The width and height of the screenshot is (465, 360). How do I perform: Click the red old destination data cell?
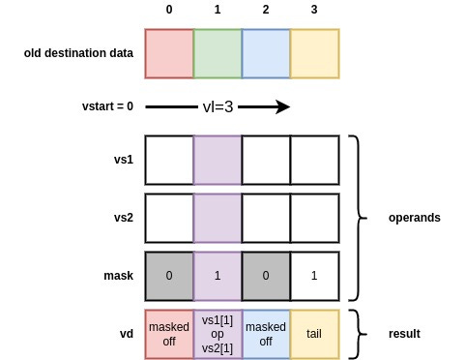(169, 52)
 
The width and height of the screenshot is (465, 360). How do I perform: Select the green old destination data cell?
(218, 52)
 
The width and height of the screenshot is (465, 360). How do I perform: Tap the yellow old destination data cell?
(314, 52)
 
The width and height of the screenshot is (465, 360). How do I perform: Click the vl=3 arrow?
(218, 106)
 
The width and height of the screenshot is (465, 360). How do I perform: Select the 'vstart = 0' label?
(107, 106)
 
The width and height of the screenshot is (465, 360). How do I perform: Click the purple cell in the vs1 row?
(218, 160)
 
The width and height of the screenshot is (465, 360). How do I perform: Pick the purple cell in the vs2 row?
(218, 218)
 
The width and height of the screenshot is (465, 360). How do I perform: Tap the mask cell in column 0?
(169, 276)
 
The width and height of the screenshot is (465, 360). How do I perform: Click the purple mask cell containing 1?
(218, 276)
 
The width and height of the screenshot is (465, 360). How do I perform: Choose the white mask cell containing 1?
(314, 276)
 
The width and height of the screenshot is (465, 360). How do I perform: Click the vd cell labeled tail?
(314, 334)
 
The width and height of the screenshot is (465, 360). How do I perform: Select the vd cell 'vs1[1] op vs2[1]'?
(218, 334)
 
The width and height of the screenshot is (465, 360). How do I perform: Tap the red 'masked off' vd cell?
(169, 334)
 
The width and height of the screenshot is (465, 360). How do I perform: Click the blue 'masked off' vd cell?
(266, 334)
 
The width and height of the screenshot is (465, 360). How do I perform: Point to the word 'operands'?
(414, 218)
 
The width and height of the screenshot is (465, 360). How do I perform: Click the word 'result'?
(404, 334)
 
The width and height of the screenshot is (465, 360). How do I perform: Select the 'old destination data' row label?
(78, 52)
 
